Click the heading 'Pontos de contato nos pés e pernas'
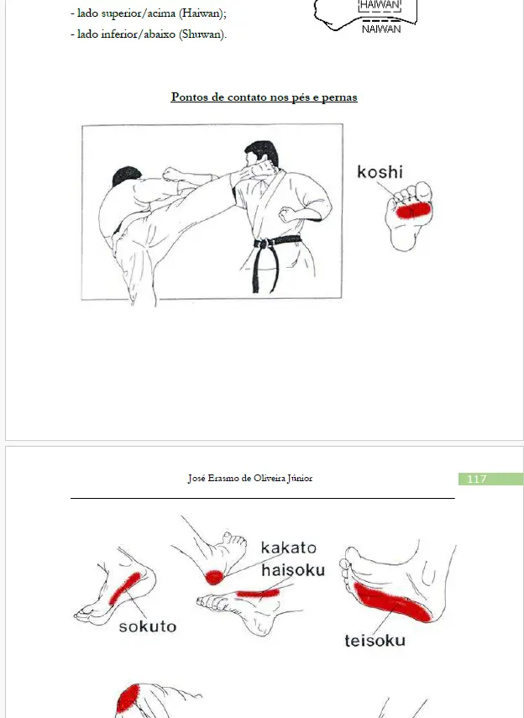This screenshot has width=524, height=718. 264,97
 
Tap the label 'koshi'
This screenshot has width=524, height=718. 380,172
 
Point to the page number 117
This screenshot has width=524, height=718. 476,479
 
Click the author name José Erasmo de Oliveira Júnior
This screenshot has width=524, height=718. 250,479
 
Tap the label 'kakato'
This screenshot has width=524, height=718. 288,548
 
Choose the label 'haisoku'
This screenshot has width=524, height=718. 292,570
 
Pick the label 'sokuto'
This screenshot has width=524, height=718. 147,626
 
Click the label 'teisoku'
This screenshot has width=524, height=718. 375,641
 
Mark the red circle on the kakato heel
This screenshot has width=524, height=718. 215,576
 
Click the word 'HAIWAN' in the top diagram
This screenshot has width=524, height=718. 380,5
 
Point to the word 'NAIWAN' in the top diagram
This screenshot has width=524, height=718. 381,29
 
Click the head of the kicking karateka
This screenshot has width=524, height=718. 126,179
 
